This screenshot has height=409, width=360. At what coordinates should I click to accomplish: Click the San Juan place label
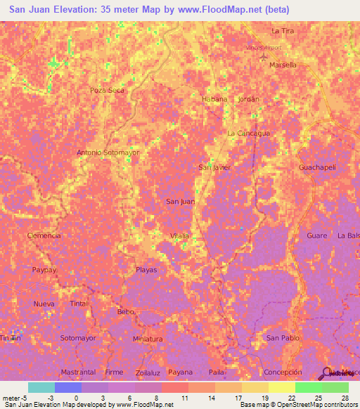pos(180,202)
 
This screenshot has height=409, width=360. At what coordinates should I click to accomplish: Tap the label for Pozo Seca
pos(107,91)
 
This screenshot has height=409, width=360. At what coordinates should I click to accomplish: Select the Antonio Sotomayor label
pos(108,152)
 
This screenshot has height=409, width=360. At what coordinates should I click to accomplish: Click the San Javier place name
pos(215,167)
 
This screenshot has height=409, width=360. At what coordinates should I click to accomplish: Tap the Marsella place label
pos(283,65)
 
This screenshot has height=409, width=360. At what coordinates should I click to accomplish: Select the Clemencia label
pos(44,235)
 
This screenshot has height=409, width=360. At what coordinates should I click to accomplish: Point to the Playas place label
pos(146,270)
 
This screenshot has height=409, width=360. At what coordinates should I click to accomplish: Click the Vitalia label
pos(180,235)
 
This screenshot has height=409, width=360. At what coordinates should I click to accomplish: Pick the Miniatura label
pos(148,339)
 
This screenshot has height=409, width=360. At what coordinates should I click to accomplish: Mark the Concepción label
pos(283,372)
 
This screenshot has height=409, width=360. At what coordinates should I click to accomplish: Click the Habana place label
pos(214,99)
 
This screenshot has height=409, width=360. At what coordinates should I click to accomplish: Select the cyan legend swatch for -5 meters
pos(41,387)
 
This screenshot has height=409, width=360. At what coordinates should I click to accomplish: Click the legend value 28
pos(345,398)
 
